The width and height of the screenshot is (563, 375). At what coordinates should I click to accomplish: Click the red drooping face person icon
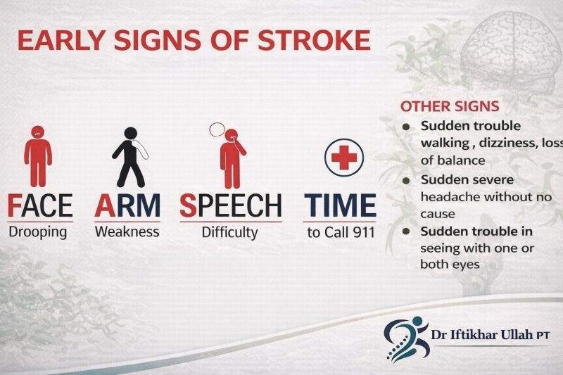coord(37,153)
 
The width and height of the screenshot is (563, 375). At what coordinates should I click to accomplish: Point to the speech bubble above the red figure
coord(217,130)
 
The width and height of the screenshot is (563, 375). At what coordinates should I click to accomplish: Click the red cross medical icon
coord(343,157)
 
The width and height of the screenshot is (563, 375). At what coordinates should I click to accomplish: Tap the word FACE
coord(39,205)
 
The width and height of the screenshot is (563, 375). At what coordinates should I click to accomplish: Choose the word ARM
coord(127,205)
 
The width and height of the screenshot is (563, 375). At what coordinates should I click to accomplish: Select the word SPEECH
coord(230,205)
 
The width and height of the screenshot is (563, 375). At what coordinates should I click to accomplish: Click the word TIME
coord(340,205)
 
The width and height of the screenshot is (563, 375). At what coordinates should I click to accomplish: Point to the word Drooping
coord(39,231)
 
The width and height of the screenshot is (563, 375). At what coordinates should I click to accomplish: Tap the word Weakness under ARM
coord(127,231)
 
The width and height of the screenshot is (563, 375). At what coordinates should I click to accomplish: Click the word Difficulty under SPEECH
coord(230,231)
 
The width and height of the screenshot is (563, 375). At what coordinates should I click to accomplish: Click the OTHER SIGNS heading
coord(450,107)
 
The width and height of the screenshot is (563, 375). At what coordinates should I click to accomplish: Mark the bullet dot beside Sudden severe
coord(406,181)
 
